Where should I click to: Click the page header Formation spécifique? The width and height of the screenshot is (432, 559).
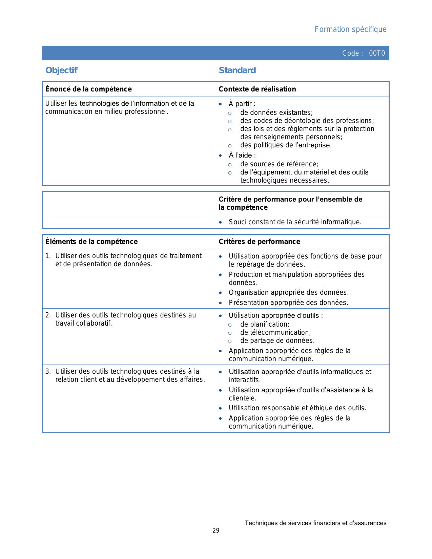350,29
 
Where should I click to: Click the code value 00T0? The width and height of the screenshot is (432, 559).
377,53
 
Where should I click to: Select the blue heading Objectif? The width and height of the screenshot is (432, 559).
61,70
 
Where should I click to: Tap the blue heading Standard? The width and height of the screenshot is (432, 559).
237,70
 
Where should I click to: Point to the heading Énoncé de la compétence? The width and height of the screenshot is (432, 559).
88,89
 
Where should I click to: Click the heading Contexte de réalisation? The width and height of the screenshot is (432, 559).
257,89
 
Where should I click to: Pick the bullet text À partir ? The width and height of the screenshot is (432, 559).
242,104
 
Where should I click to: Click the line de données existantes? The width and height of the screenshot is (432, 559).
276,112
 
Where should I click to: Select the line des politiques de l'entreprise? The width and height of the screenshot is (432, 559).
286,145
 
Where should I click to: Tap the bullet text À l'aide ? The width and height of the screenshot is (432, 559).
242,155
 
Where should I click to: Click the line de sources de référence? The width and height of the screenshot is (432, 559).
279,164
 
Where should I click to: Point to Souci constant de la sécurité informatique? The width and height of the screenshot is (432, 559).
295,222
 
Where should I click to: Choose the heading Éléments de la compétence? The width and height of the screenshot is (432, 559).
91,242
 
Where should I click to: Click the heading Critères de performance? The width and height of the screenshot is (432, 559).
259,242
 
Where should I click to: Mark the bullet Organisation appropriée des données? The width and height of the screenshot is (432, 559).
288,292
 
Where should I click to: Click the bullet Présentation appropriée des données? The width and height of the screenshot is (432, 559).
288,303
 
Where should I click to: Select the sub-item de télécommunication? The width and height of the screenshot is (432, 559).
275,332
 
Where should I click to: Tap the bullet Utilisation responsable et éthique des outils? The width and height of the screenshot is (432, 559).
297,408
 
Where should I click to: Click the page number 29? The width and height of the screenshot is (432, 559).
216,531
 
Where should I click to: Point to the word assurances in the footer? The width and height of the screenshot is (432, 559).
371,523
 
